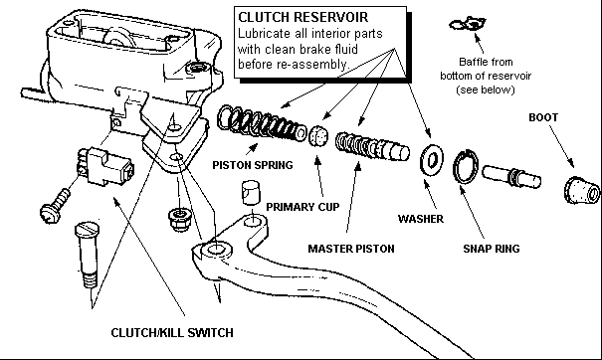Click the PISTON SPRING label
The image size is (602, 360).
253,165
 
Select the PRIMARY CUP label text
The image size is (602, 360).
302,207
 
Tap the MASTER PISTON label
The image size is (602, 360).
351,249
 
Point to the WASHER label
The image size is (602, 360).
421,219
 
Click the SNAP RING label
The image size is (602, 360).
492,249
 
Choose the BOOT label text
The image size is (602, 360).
543,117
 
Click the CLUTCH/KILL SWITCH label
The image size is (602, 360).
172,332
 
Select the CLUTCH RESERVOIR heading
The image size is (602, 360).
303,17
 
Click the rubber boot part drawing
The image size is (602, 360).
582,190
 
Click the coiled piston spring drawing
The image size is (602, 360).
262,124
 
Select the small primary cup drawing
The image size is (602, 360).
318,136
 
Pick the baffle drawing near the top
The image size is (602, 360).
468,24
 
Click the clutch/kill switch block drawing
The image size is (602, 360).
105,166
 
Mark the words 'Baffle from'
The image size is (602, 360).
486,62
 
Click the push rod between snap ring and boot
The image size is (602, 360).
511,176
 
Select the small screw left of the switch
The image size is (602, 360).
55,207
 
